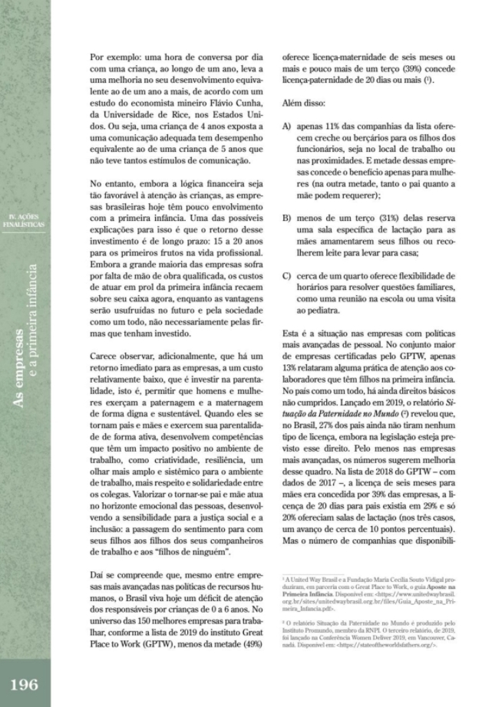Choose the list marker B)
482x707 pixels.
pyautogui.click(x=287, y=219)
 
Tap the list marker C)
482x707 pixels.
pyautogui.click(x=287, y=277)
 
